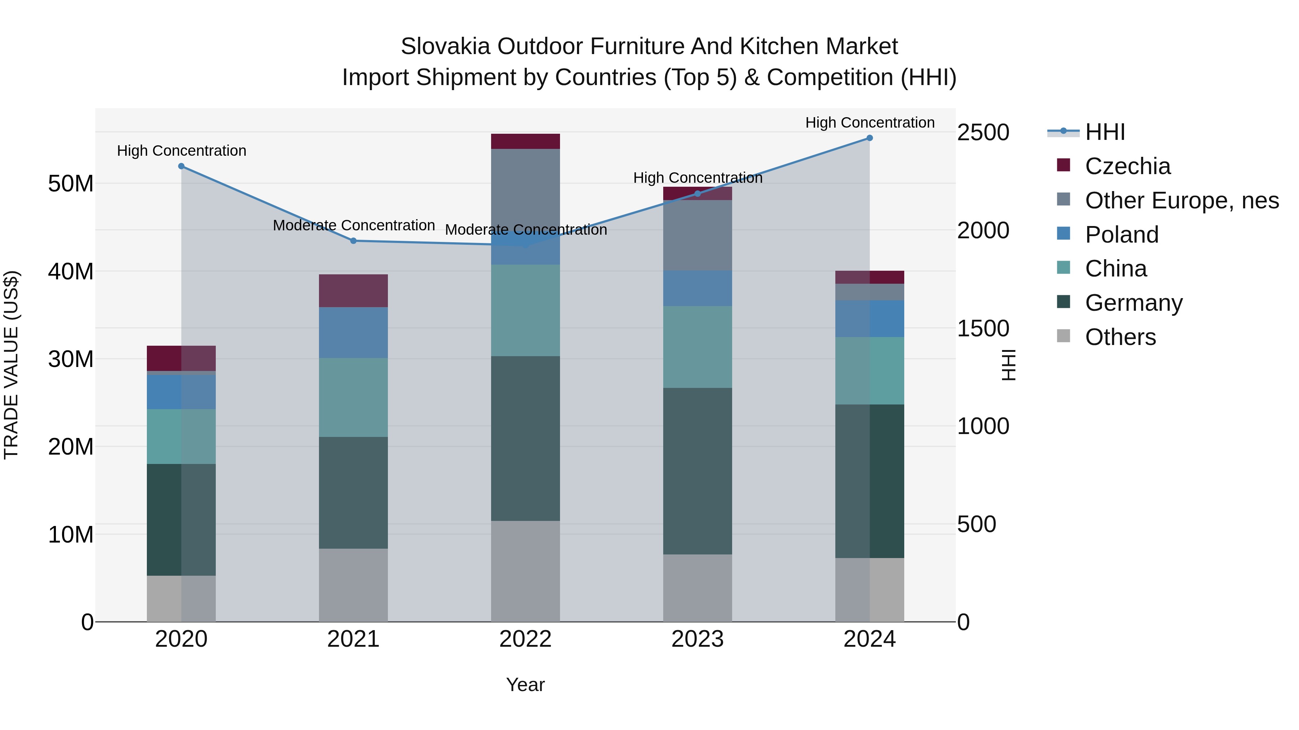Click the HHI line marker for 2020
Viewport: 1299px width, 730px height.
[181, 166]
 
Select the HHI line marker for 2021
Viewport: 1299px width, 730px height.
[354, 241]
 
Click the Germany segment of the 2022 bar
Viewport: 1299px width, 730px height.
[525, 438]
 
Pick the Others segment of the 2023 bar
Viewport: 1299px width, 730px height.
[697, 588]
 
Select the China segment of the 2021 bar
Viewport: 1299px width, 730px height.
[354, 398]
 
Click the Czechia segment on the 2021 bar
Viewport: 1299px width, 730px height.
[354, 291]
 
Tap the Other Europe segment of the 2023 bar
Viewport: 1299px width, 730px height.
[697, 235]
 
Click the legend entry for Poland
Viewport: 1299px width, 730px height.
[1121, 235]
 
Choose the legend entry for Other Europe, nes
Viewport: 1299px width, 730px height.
[1181, 200]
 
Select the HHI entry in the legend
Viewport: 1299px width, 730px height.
[1105, 132]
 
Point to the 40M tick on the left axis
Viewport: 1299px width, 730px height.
[71, 271]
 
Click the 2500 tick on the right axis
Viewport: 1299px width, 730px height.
[983, 133]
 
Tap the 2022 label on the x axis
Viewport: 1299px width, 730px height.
[525, 639]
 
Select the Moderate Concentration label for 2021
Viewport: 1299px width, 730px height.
[354, 225]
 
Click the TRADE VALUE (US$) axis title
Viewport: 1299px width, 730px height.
[11, 365]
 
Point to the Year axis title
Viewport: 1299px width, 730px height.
[525, 685]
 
